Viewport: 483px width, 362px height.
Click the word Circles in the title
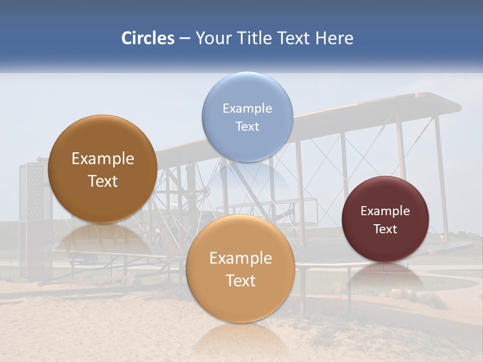(x=147, y=38)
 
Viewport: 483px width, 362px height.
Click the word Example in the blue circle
(x=247, y=108)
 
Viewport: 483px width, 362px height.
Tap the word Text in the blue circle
(x=247, y=126)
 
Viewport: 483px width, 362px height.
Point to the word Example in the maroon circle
(x=385, y=211)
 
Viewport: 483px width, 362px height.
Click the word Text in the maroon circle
(x=385, y=229)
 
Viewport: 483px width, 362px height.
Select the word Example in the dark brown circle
(x=103, y=159)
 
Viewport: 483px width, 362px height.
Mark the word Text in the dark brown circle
(x=103, y=181)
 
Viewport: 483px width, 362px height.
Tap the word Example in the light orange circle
(x=240, y=258)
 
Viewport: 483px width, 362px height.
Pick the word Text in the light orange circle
(x=240, y=281)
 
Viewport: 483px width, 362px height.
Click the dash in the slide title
(x=185, y=38)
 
